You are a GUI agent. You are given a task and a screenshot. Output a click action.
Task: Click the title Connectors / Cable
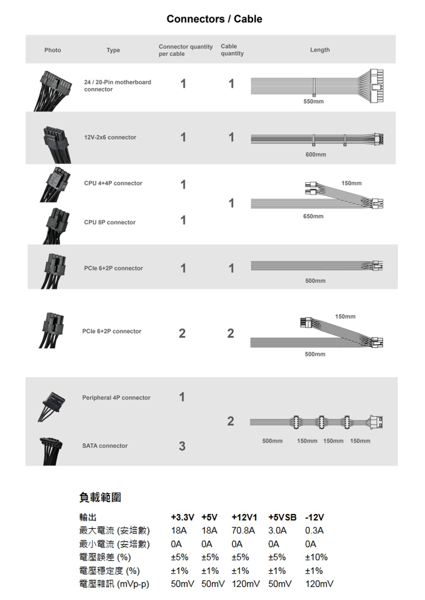tap(214, 19)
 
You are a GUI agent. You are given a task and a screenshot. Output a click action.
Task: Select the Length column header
tap(320, 50)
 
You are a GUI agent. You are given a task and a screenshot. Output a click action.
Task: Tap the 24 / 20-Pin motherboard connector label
tap(117, 86)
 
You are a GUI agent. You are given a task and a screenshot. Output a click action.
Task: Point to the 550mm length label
tap(313, 102)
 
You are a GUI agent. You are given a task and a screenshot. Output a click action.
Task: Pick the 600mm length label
tap(316, 155)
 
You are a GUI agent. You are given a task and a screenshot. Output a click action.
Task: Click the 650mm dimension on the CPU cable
tap(313, 217)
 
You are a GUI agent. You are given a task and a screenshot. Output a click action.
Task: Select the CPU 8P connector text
tap(110, 222)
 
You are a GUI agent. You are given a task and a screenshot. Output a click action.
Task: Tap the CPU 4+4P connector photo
tap(55, 184)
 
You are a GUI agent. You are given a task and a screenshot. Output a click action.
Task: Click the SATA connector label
tap(105, 446)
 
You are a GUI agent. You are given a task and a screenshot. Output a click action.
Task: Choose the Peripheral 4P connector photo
tap(52, 407)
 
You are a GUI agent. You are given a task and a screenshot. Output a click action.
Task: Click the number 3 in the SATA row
tap(182, 446)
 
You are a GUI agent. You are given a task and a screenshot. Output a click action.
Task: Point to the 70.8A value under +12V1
tap(243, 531)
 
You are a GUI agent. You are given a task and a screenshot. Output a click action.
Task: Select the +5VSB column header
tap(282, 517)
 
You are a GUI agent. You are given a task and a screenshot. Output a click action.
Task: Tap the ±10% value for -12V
tap(316, 557)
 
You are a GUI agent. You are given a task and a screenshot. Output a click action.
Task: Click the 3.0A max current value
tap(277, 531)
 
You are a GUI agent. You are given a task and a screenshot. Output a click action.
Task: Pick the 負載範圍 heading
tap(100, 497)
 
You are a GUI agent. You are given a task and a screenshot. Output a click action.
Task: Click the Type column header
tap(113, 50)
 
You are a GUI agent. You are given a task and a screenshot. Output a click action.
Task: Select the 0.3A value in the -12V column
tap(314, 531)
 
